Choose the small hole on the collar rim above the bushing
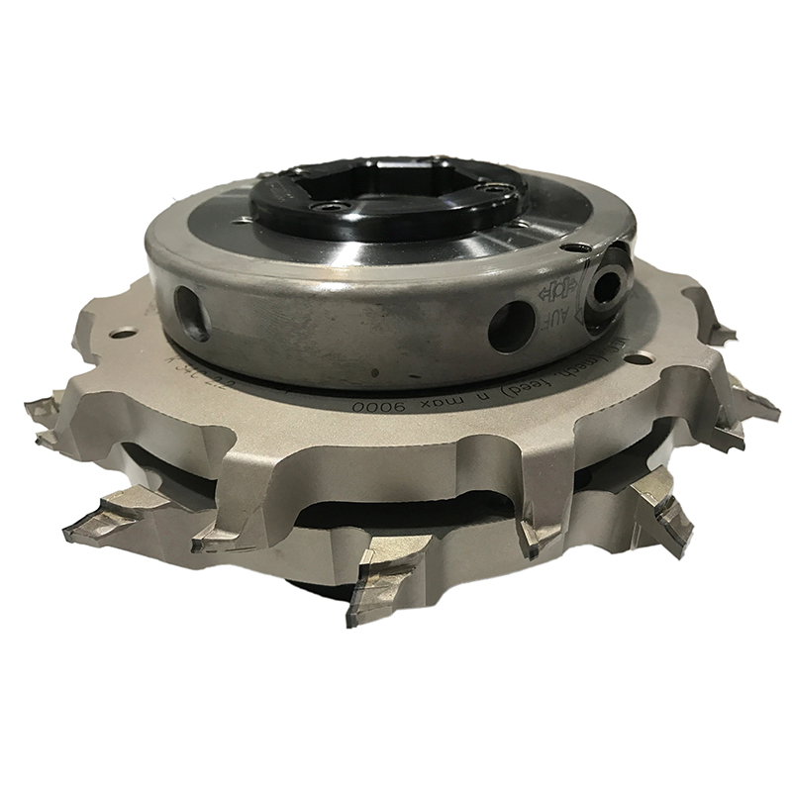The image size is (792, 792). [x=574, y=247]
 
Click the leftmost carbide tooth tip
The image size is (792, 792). [x=40, y=408]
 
